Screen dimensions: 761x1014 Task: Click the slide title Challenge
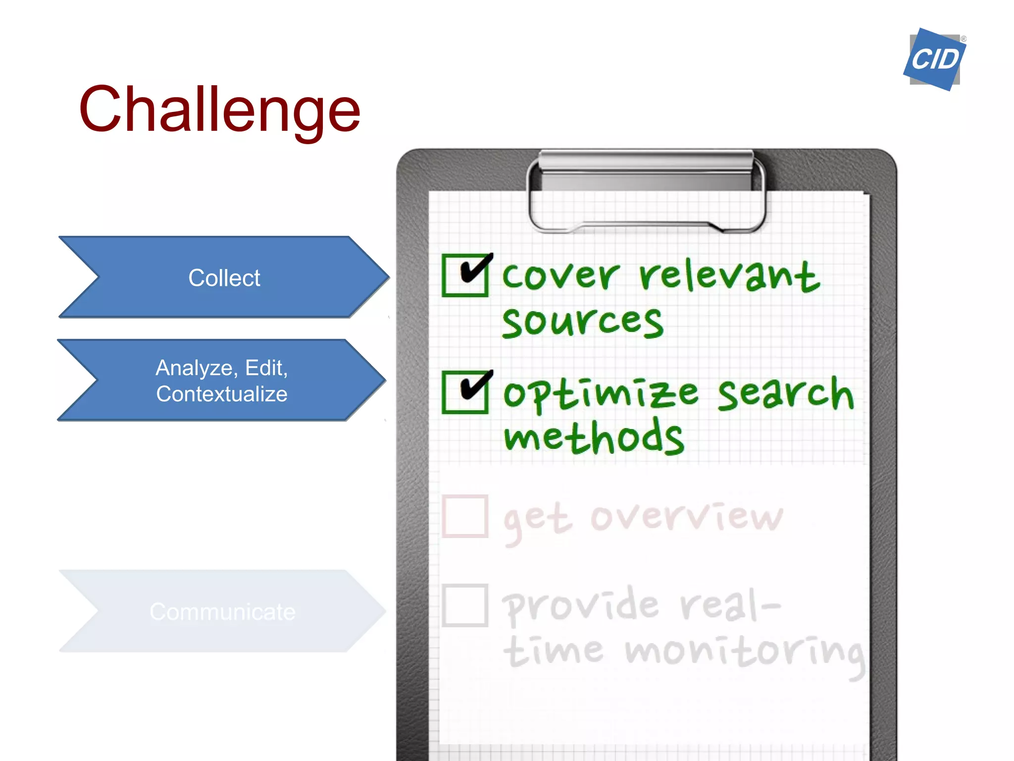[x=219, y=110]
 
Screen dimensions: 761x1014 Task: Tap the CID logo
[x=934, y=59]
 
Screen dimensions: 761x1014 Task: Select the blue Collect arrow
[x=224, y=277]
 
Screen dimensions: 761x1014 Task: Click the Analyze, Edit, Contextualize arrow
[x=221, y=380]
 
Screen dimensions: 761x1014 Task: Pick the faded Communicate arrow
[x=222, y=611]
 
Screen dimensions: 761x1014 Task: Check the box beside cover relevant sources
[x=465, y=275]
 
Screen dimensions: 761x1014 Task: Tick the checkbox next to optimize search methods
[x=465, y=392]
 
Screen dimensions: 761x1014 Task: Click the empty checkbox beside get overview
[x=465, y=516]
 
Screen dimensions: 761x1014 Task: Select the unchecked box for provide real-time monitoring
[x=465, y=605]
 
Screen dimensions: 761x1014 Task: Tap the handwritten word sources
[x=582, y=322]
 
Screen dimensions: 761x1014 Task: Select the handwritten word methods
[x=594, y=437]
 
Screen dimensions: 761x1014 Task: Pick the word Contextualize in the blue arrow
[x=221, y=394]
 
